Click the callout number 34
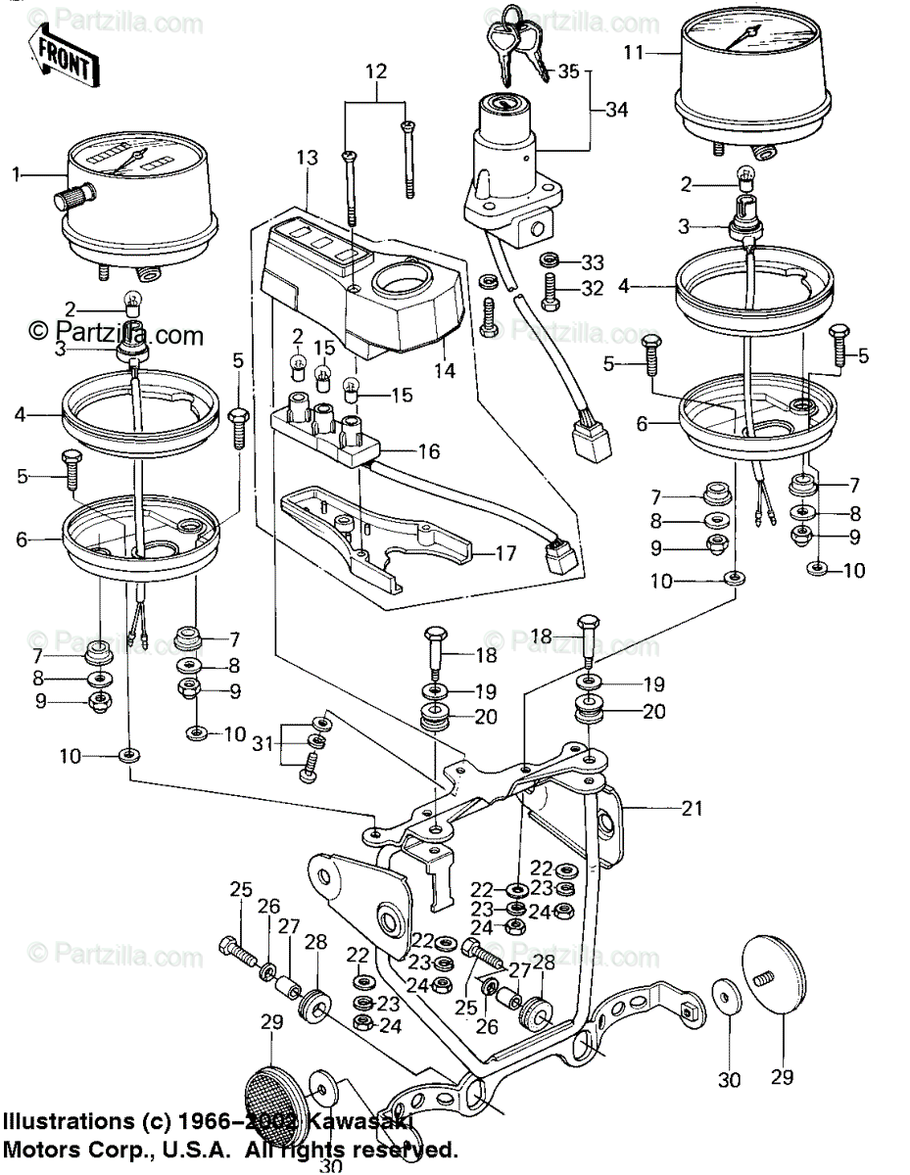(615, 110)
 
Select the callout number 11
(635, 52)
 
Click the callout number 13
(307, 158)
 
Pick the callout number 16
(430, 452)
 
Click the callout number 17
(505, 553)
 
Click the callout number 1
(16, 174)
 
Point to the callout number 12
(376, 71)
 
